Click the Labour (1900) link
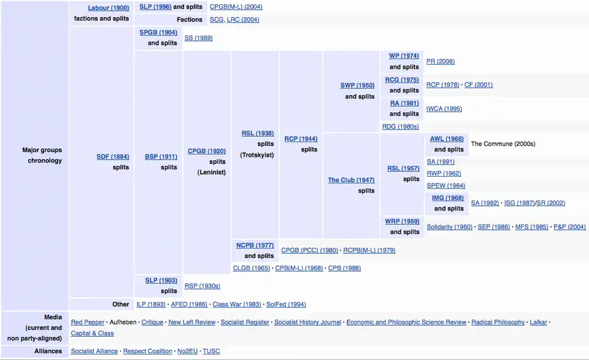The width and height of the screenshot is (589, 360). [109, 8]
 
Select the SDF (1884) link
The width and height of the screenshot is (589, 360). [112, 156]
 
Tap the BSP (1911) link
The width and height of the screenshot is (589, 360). [161, 156]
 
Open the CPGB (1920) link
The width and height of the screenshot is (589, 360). [207, 151]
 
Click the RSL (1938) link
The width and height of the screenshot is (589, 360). [258, 133]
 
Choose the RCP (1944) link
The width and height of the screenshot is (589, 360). [301, 139]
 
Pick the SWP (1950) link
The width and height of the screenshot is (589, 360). [357, 85]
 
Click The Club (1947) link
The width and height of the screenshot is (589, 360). [351, 180]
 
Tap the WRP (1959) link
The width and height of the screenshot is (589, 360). [402, 221]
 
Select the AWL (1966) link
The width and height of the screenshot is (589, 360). [447, 139]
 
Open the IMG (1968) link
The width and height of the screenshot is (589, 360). [447, 198]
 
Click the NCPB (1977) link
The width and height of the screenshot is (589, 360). [255, 245]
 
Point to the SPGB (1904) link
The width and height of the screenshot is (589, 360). [158, 32]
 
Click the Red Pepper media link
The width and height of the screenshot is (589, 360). [88, 322]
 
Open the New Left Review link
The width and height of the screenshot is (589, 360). [192, 322]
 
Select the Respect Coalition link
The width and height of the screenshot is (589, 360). [148, 351]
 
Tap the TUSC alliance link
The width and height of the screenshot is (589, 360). [211, 351]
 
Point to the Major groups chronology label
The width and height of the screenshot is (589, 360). [42, 155]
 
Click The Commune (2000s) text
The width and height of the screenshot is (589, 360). [503, 144]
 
